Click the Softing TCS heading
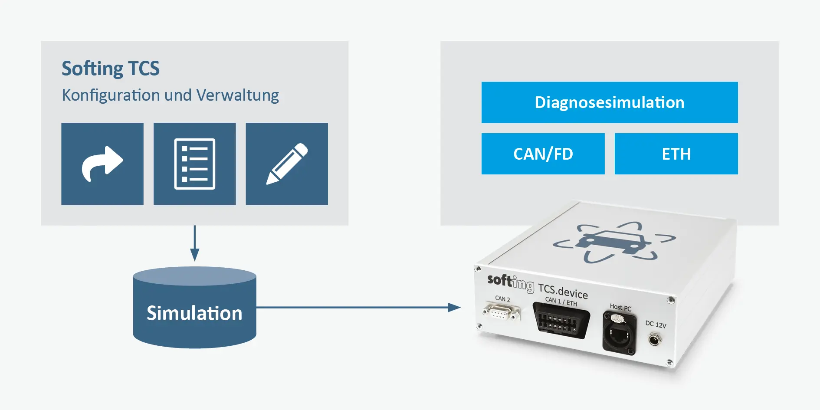111,69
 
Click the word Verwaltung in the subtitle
237,95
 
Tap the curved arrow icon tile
102,164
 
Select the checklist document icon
195,164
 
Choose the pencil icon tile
287,164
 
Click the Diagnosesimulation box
610,102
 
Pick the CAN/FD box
543,154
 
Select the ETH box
676,154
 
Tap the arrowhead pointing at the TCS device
454,308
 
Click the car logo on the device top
613,243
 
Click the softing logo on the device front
510,282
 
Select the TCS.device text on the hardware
563,291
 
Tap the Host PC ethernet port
619,333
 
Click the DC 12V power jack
654,339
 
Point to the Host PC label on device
620,307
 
